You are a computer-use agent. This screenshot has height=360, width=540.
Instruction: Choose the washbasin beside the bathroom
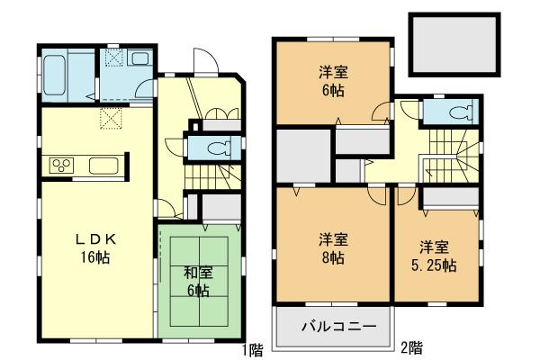[x=140, y=59]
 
